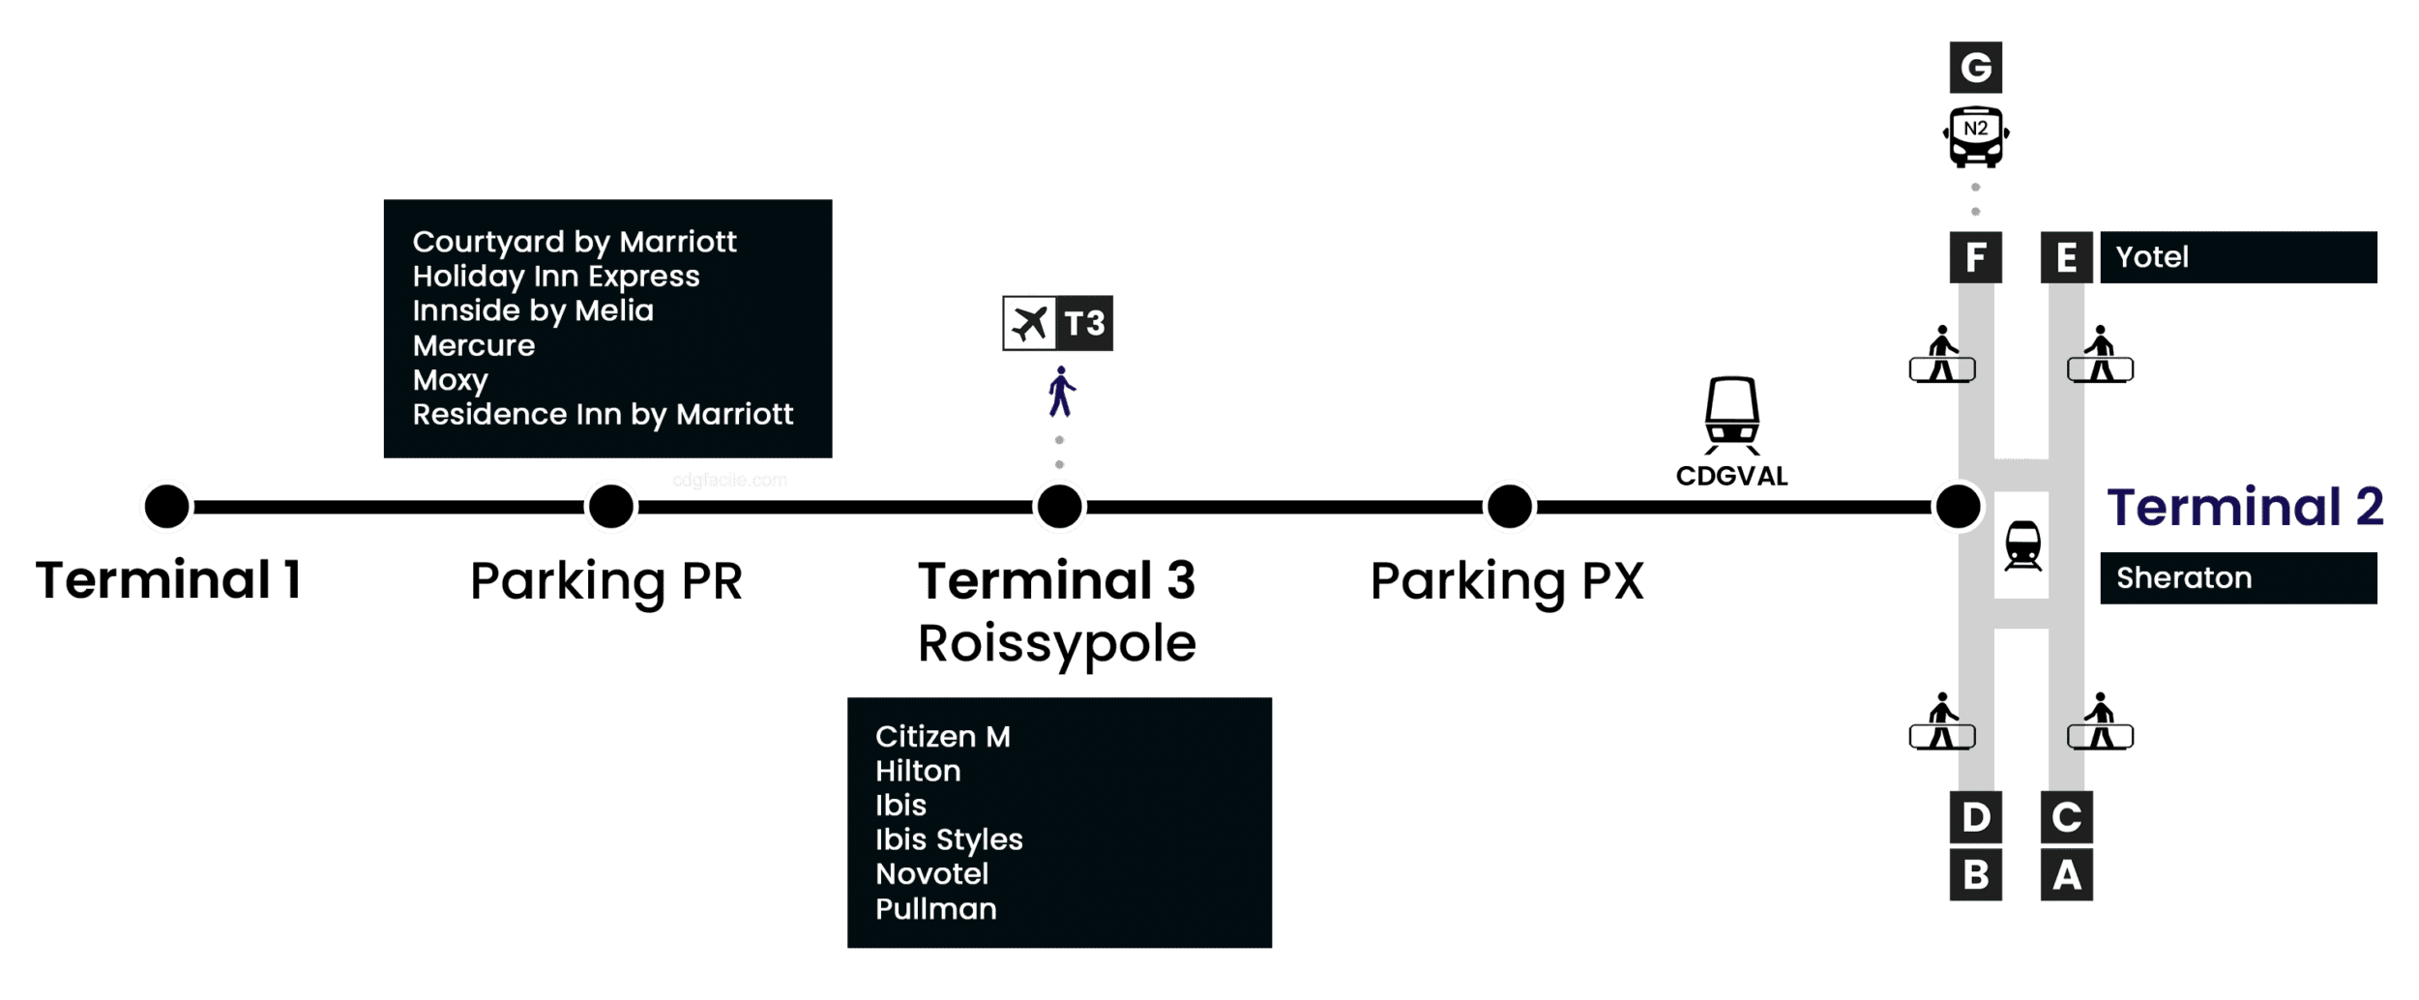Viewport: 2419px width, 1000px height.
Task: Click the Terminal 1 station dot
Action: pos(166,506)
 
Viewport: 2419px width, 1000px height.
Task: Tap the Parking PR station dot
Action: pos(610,506)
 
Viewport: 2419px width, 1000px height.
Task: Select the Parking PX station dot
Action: pos(1509,506)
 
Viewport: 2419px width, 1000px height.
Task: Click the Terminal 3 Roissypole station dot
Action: pos(1059,506)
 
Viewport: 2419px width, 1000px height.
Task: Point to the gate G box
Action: pos(1975,67)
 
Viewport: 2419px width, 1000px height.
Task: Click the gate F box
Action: pos(1975,257)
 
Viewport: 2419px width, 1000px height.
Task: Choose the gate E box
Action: pos(2066,257)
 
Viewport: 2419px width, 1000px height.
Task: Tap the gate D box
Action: pos(1975,817)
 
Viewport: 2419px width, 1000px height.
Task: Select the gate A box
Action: pos(2066,874)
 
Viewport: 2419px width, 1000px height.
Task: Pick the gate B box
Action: pos(1975,874)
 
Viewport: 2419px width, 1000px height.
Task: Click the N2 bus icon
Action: pos(1975,135)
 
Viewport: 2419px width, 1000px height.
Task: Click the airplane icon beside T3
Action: pos(1028,323)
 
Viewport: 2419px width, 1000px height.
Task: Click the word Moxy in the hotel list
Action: pos(450,380)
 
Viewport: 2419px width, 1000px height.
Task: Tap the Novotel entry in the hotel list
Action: pos(931,874)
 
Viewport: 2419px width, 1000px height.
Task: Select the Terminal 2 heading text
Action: pos(2245,507)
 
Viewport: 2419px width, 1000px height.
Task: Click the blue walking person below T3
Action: pos(1061,392)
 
